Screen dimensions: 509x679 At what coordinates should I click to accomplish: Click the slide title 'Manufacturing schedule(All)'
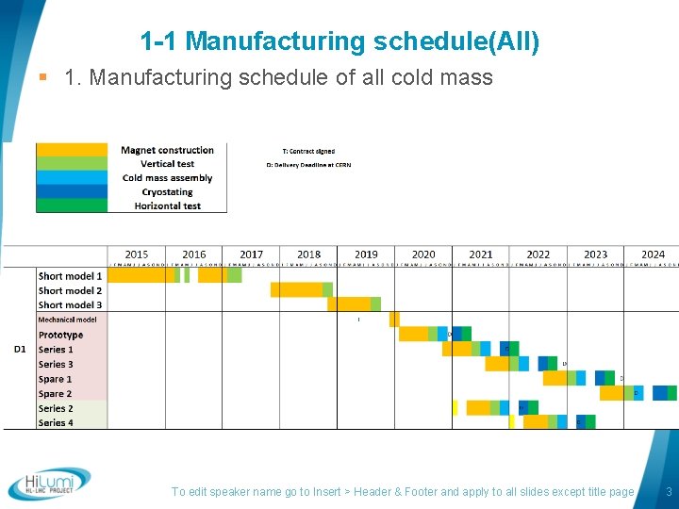[x=339, y=41]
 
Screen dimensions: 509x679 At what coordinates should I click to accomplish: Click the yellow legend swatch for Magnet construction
[x=72, y=150]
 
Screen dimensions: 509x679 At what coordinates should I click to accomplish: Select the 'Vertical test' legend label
[x=167, y=164]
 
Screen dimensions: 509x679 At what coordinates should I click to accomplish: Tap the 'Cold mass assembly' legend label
[x=167, y=178]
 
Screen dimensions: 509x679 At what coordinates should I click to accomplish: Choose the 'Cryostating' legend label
[x=167, y=192]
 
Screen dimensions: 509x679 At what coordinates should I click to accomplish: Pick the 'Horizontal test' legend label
[x=167, y=205]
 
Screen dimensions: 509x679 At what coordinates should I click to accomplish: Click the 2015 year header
[x=137, y=254]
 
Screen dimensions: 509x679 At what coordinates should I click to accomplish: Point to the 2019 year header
[x=366, y=254]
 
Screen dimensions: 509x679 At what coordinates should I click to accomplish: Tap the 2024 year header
[x=653, y=254]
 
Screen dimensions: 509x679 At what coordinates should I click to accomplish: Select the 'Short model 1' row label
[x=70, y=276]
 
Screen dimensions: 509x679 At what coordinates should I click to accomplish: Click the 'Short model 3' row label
[x=70, y=305]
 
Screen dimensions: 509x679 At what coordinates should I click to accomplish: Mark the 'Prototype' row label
[x=60, y=335]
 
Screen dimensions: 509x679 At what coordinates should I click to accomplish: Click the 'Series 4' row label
[x=56, y=423]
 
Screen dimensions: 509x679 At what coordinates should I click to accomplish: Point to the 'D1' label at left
[x=20, y=350]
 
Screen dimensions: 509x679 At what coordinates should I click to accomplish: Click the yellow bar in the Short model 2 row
[x=296, y=290]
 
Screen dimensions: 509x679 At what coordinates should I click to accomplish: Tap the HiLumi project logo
[x=49, y=484]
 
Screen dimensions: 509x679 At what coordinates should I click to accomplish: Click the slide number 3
[x=669, y=492]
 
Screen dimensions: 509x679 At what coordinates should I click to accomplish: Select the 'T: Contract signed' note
[x=308, y=151]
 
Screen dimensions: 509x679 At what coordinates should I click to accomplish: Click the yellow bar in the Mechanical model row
[x=394, y=320]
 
